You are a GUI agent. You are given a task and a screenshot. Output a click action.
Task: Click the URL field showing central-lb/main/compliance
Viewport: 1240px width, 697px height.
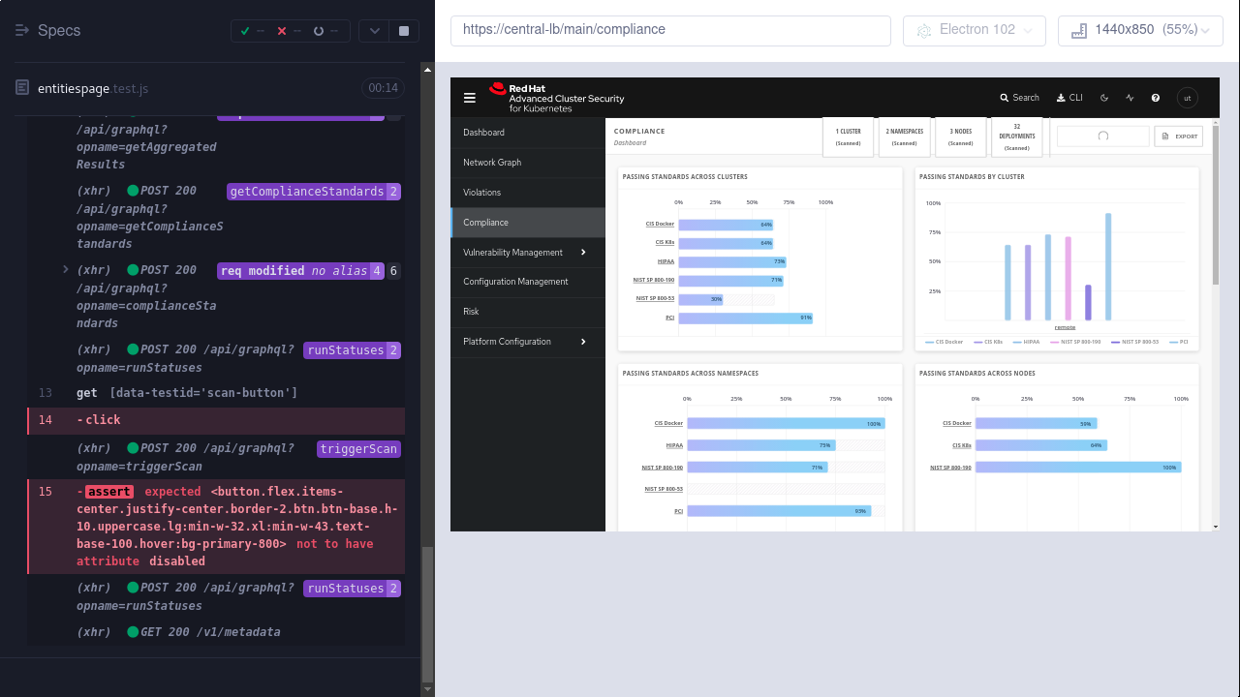669,30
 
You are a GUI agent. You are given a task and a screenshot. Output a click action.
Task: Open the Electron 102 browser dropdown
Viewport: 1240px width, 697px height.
974,30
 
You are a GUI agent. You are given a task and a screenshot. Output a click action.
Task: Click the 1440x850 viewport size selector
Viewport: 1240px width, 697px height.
1140,30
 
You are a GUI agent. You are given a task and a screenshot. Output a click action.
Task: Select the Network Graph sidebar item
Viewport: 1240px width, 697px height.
492,163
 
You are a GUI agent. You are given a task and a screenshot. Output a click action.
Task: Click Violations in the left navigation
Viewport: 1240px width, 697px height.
481,193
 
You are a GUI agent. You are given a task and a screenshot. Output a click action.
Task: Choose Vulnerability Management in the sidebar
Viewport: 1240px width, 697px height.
512,253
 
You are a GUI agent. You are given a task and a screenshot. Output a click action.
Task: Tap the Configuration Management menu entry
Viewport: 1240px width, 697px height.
515,282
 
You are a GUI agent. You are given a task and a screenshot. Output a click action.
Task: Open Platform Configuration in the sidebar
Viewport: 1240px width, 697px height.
507,342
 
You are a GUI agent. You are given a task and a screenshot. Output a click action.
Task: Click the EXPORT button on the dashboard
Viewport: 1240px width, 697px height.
1178,136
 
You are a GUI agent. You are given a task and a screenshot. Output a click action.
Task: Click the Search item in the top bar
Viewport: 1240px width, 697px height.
1019,98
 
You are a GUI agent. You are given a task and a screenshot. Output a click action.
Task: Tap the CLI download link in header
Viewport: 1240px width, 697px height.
1069,98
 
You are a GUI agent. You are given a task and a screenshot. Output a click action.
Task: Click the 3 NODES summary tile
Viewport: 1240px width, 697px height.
960,136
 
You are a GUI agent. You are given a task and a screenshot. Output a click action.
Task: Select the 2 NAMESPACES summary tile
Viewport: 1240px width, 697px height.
904,136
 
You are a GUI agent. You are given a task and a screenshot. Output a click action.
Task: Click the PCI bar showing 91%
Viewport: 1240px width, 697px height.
745,318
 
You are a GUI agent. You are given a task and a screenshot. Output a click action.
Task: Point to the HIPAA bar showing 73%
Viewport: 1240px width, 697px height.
731,261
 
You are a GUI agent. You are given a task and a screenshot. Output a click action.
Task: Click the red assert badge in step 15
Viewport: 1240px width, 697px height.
108,492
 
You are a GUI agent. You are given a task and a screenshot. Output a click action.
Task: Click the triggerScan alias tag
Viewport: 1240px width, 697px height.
358,449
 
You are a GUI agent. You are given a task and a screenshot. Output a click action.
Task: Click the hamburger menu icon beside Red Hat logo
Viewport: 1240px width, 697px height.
470,98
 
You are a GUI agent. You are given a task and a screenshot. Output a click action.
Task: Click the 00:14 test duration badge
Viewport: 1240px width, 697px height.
383,88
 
